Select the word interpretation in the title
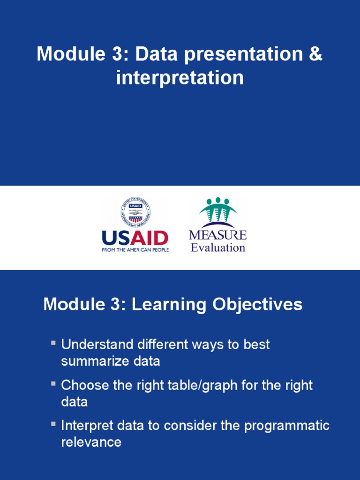(180, 78)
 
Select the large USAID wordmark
(135, 238)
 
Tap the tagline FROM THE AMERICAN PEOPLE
(135, 250)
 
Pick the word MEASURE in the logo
(217, 235)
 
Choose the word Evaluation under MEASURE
(217, 247)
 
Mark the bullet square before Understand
(54, 344)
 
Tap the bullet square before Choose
(54, 384)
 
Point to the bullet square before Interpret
(54, 425)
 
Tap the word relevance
(91, 442)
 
